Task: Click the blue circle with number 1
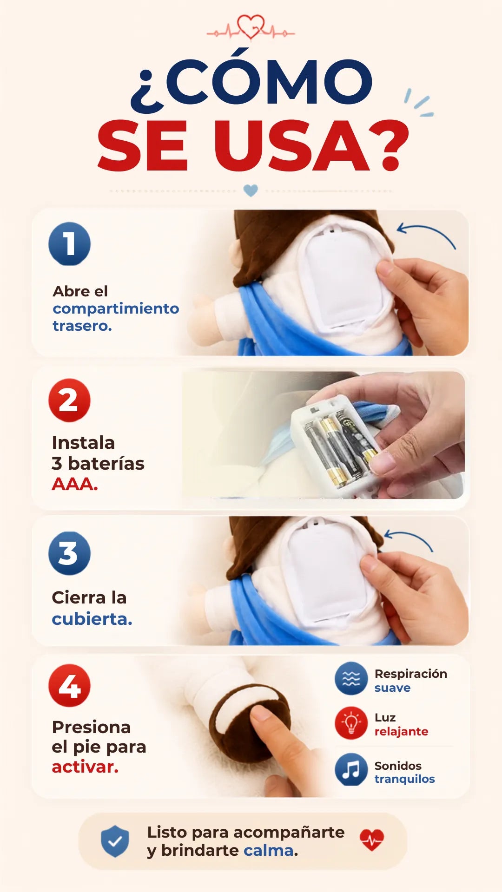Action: click(69, 244)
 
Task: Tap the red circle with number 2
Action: click(69, 400)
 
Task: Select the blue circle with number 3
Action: click(69, 553)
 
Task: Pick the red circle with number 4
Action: click(69, 686)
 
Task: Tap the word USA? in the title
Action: click(311, 145)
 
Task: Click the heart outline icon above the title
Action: click(251, 27)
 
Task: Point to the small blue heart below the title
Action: click(251, 190)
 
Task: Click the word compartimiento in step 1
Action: click(116, 309)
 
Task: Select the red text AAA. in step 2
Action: click(75, 485)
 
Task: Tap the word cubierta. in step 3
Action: click(92, 619)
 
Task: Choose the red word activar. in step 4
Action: click(85, 767)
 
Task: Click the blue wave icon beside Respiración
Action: click(351, 679)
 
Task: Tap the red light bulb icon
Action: click(351, 723)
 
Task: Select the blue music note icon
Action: click(351, 769)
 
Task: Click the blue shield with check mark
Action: click(115, 841)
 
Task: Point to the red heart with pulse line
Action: click(372, 840)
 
